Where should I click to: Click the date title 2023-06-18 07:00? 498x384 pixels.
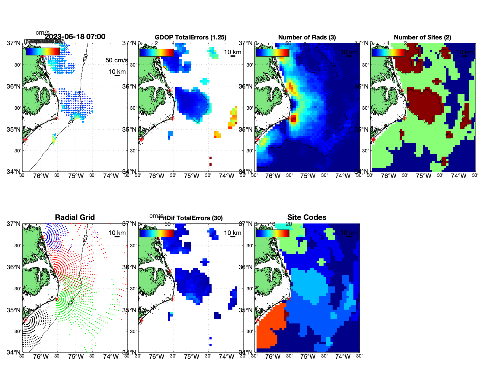coord(75,37)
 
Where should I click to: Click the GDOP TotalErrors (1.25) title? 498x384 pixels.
coord(190,37)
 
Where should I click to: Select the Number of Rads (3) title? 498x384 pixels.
coord(307,37)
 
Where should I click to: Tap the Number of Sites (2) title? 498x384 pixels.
coord(422,37)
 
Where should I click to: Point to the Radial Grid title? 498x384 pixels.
coord(75,217)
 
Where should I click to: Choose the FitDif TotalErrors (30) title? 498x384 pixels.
coord(191,218)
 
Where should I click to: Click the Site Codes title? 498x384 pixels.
coord(307,217)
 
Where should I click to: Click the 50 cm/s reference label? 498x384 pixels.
coord(117,60)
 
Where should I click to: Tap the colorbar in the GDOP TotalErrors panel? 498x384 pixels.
coord(156,52)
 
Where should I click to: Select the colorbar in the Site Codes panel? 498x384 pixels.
coord(272,233)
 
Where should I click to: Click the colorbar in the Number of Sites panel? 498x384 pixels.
coord(388,52)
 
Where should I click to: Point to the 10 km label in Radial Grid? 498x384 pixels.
coord(117,233)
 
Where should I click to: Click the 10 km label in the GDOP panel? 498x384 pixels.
coord(232,52)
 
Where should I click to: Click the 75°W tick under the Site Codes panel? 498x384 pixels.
coord(308,357)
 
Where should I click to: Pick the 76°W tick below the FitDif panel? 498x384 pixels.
coord(157,357)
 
